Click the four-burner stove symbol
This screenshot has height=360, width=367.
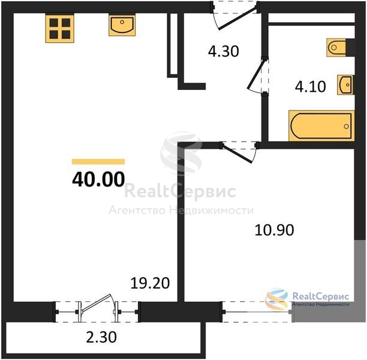[60, 29]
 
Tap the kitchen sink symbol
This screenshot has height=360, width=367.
[122, 25]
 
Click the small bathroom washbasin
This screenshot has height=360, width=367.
[345, 85]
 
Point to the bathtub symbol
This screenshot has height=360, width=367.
[321, 126]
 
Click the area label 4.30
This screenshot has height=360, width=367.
[224, 51]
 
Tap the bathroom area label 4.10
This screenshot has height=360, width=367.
[310, 86]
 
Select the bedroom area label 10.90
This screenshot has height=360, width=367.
[274, 230]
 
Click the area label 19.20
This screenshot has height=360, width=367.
[150, 283]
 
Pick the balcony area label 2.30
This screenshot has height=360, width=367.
[101, 338]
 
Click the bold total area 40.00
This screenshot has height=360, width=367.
[98, 179]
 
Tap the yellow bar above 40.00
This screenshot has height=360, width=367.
[98, 161]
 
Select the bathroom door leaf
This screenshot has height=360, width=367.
[257, 74]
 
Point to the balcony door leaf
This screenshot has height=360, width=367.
[97, 303]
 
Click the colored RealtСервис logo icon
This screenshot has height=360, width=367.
[276, 299]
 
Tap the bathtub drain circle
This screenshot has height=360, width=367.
[346, 127]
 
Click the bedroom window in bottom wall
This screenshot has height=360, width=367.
[257, 312]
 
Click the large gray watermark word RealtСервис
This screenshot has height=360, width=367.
[180, 191]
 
